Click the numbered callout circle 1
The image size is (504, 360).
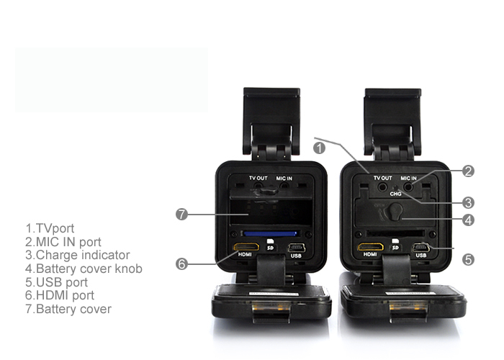pos(319,148)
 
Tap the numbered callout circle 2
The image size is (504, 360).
pos(468,171)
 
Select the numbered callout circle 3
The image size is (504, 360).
pos(468,202)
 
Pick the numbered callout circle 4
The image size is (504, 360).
pos(468,220)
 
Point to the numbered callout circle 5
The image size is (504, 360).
pos(468,260)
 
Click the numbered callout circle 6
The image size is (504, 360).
pos(181,264)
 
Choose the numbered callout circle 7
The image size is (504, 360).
pos(181,214)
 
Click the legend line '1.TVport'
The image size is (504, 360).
pos(50,228)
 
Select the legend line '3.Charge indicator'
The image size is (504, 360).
pos(78,255)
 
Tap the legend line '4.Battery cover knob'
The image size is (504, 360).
pos(84,269)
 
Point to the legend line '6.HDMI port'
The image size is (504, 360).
pos(60,295)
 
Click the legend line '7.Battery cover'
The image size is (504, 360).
pos(68,309)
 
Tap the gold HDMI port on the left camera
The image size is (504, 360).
pos(246,247)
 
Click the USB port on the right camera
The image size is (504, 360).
pos(421,248)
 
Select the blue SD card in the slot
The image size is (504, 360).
pos(270,233)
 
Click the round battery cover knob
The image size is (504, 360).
pos(394,212)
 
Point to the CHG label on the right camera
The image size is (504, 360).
pos(396,194)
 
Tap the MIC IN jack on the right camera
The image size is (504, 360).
pos(408,186)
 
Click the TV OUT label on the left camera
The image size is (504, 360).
pos(258,178)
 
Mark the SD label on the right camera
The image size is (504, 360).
pos(395,248)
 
